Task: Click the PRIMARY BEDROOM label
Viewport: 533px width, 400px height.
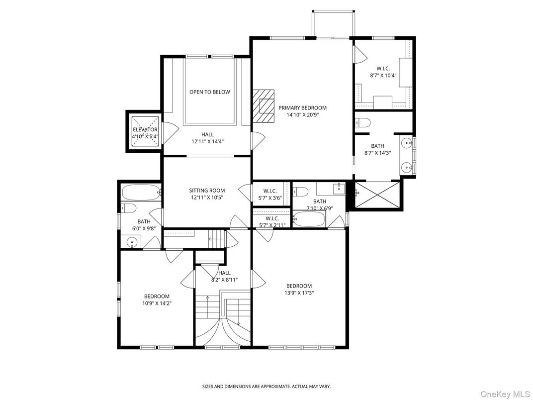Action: [x=302, y=108]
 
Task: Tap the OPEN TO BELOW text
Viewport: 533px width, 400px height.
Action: [x=210, y=92]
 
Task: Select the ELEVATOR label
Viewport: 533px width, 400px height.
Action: [x=145, y=129]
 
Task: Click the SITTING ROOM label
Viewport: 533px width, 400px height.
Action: [x=207, y=191]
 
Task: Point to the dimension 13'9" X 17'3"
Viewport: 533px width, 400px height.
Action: [x=299, y=293]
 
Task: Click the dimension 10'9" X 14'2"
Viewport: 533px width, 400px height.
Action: [x=157, y=303]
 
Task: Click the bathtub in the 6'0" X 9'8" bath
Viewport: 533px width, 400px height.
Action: [x=141, y=193]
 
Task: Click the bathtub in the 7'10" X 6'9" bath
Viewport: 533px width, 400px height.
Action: [x=309, y=219]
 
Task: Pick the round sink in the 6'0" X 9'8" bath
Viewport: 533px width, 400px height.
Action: [x=132, y=242]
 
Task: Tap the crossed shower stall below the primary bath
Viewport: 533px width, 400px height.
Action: [x=377, y=194]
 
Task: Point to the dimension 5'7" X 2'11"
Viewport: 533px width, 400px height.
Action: [x=272, y=225]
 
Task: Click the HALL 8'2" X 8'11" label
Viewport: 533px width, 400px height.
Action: [x=224, y=276]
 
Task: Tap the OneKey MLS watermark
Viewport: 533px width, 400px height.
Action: [x=506, y=394]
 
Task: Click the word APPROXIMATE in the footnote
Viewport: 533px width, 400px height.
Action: [x=275, y=387]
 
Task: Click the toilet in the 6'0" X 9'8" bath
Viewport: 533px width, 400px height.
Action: [x=129, y=208]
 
